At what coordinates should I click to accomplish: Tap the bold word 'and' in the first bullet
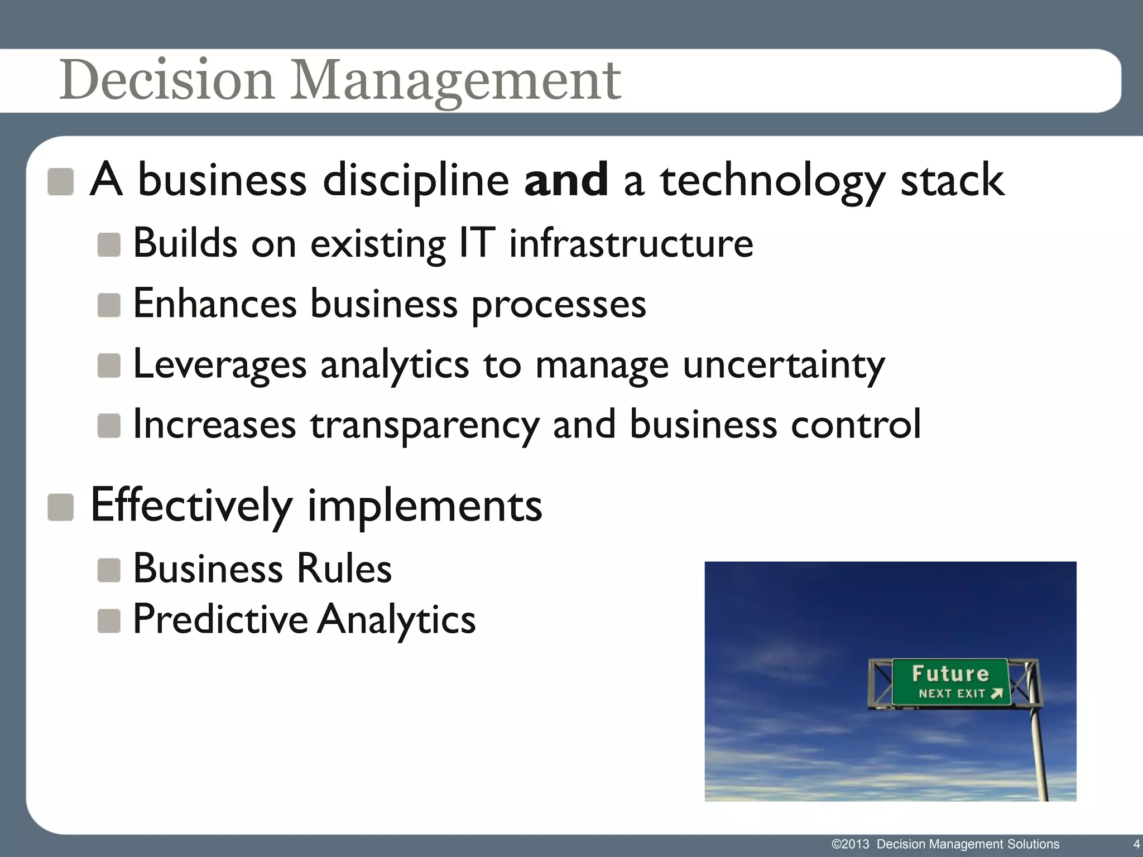click(565, 180)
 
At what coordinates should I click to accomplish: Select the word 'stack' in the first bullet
click(952, 180)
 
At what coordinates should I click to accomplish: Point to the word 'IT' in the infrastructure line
click(477, 243)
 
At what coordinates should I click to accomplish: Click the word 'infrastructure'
click(631, 243)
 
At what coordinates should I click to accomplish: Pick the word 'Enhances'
click(215, 304)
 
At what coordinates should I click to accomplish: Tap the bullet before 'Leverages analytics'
click(109, 366)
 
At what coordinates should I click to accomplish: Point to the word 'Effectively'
click(191, 505)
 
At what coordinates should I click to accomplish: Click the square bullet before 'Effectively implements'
click(60, 507)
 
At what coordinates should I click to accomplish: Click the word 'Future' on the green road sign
click(950, 674)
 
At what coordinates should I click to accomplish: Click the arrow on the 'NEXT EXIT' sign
click(997, 694)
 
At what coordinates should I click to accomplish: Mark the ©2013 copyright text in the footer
click(850, 844)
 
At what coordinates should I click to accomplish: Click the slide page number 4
click(1136, 844)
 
